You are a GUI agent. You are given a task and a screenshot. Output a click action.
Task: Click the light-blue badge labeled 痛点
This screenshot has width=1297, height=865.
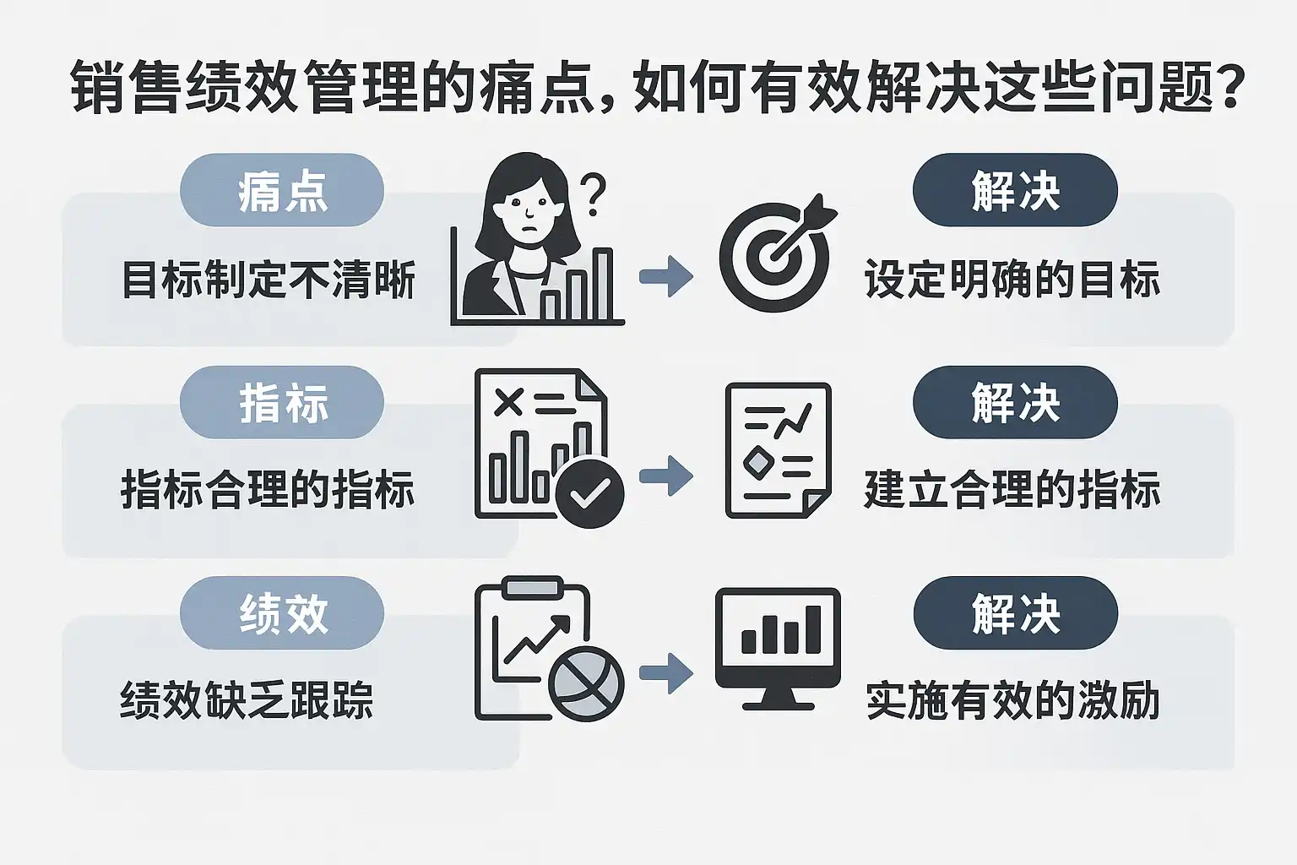tap(282, 190)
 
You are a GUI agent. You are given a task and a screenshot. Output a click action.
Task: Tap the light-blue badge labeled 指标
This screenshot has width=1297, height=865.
tap(282, 402)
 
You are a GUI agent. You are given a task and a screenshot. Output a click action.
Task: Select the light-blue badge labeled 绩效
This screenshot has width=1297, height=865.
tap(282, 613)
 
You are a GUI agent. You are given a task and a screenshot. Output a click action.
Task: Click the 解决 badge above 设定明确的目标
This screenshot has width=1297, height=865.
tap(1015, 190)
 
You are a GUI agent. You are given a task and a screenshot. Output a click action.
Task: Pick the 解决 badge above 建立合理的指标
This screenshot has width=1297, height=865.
tap(1015, 402)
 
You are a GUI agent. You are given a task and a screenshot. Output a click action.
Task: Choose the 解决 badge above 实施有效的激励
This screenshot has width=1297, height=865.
tap(1015, 613)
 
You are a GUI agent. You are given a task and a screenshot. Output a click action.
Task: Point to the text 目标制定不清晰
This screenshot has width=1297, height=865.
tap(269, 280)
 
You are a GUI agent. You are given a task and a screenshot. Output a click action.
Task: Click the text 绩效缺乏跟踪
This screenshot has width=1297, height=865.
tap(247, 701)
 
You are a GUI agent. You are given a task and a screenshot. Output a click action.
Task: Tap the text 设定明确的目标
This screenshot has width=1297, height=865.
tap(1012, 280)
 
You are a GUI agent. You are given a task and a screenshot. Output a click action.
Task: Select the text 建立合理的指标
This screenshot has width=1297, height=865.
tap(1012, 491)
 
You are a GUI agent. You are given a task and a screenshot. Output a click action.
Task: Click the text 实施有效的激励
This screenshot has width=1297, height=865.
tap(1012, 701)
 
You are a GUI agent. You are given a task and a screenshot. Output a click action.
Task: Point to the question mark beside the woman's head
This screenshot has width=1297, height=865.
tap(594, 193)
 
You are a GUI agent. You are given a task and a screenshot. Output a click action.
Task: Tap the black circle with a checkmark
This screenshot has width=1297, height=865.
tap(589, 493)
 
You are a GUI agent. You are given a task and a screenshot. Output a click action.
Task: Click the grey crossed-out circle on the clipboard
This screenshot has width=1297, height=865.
tap(586, 683)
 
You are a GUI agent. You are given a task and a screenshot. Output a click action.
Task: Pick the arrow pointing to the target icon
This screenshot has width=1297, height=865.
tap(666, 275)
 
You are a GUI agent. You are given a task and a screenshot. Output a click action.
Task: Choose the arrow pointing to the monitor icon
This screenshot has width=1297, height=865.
tap(666, 673)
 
